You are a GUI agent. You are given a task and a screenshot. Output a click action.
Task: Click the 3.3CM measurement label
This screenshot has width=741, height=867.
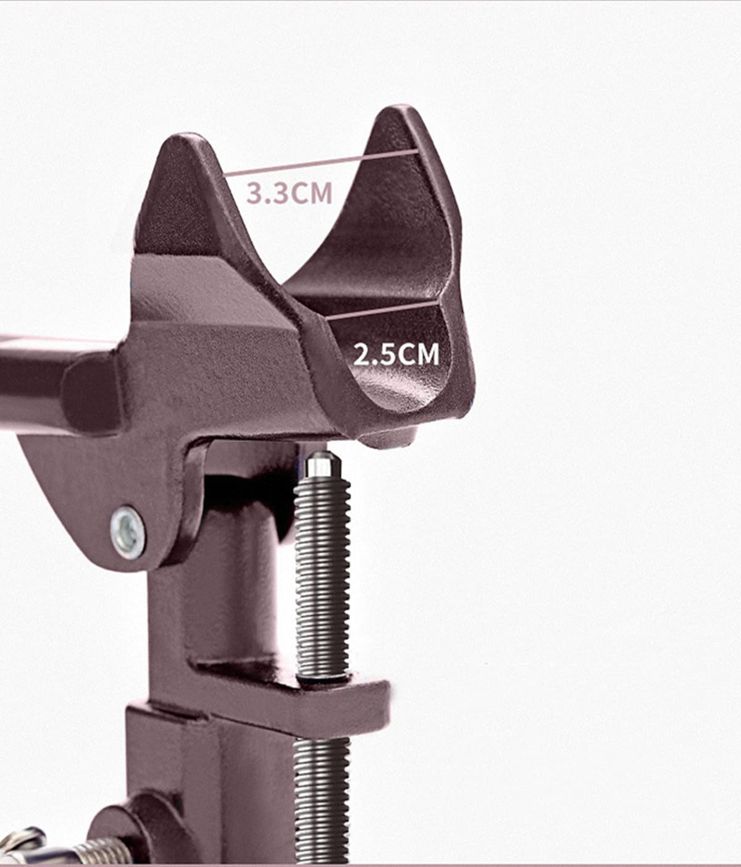(289, 193)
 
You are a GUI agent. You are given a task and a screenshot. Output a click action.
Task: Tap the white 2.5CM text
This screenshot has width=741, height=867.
(396, 355)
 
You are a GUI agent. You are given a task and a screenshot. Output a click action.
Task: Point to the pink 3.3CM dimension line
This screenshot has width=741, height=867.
(321, 162)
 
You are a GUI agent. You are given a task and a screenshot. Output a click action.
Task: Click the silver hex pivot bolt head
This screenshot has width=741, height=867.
(128, 532)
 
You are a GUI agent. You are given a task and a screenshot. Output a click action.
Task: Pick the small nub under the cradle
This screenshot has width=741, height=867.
(386, 439)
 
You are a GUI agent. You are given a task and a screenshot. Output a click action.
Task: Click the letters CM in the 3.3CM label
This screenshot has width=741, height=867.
(312, 193)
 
